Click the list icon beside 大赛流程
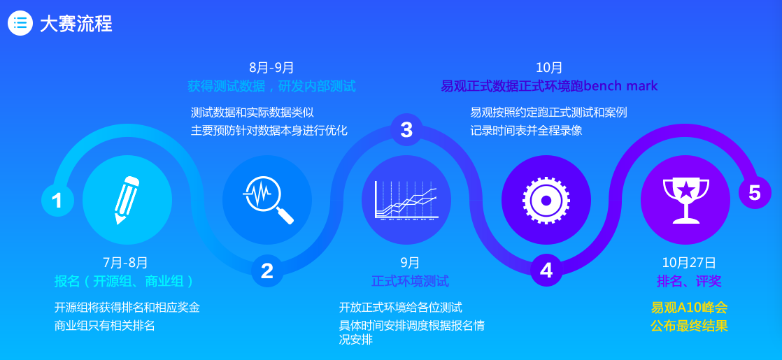[20, 23]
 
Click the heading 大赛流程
[76, 24]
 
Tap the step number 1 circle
[57, 201]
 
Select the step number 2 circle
[267, 271]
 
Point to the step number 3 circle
[406, 129]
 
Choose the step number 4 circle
[546, 271]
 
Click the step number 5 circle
[755, 192]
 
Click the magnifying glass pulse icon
[269, 199]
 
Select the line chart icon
[406, 200]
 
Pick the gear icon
[546, 201]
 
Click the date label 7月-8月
[125, 262]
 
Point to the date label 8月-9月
[272, 67]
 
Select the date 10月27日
[689, 262]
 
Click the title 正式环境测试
[410, 281]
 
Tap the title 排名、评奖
[689, 281]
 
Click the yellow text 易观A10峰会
[689, 307]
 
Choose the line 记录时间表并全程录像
[526, 131]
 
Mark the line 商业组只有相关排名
[105, 326]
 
